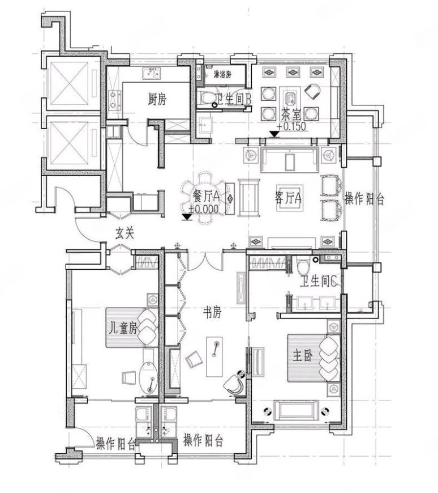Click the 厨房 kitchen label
coord(157,99)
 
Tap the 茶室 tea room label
coord(291,115)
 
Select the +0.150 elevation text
coord(291,126)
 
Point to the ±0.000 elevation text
coord(204,209)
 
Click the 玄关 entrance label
coord(124,233)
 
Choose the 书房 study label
coord(212,313)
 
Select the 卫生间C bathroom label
coord(319,282)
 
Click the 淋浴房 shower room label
coord(222,75)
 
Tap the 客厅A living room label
coord(288,198)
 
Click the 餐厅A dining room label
coord(206,197)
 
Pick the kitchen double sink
coord(152,74)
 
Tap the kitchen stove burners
coord(115,100)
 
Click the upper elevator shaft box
coord(70,83)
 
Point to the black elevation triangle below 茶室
coord(275,134)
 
